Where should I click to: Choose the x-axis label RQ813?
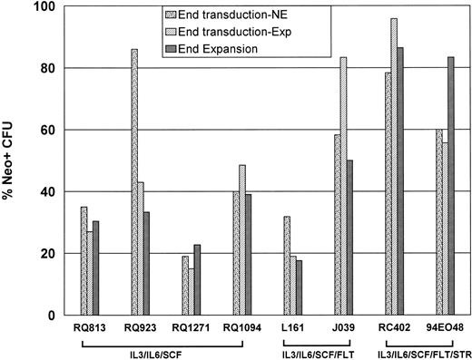click(88, 327)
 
